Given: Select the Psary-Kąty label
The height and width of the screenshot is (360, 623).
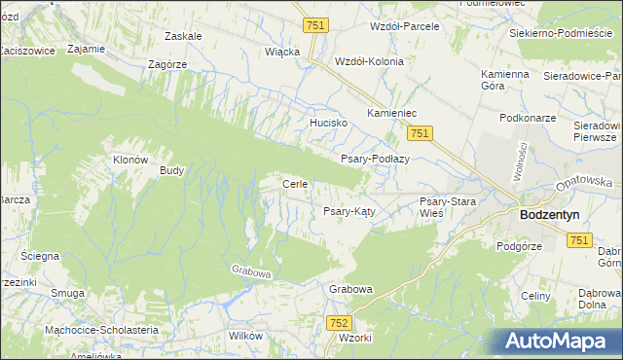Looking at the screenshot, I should [x=349, y=210].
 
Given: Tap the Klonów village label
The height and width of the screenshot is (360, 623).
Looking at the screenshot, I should [x=129, y=160].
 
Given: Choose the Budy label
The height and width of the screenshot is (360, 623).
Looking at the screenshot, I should [x=172, y=169].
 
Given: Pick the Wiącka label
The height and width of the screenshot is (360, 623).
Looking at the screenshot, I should [x=281, y=52].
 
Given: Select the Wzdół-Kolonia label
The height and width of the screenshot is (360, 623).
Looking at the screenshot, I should [x=368, y=60].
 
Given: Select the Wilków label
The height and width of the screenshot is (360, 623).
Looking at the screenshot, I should [x=244, y=335].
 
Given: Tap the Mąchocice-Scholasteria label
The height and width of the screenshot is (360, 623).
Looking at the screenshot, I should [x=101, y=330].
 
